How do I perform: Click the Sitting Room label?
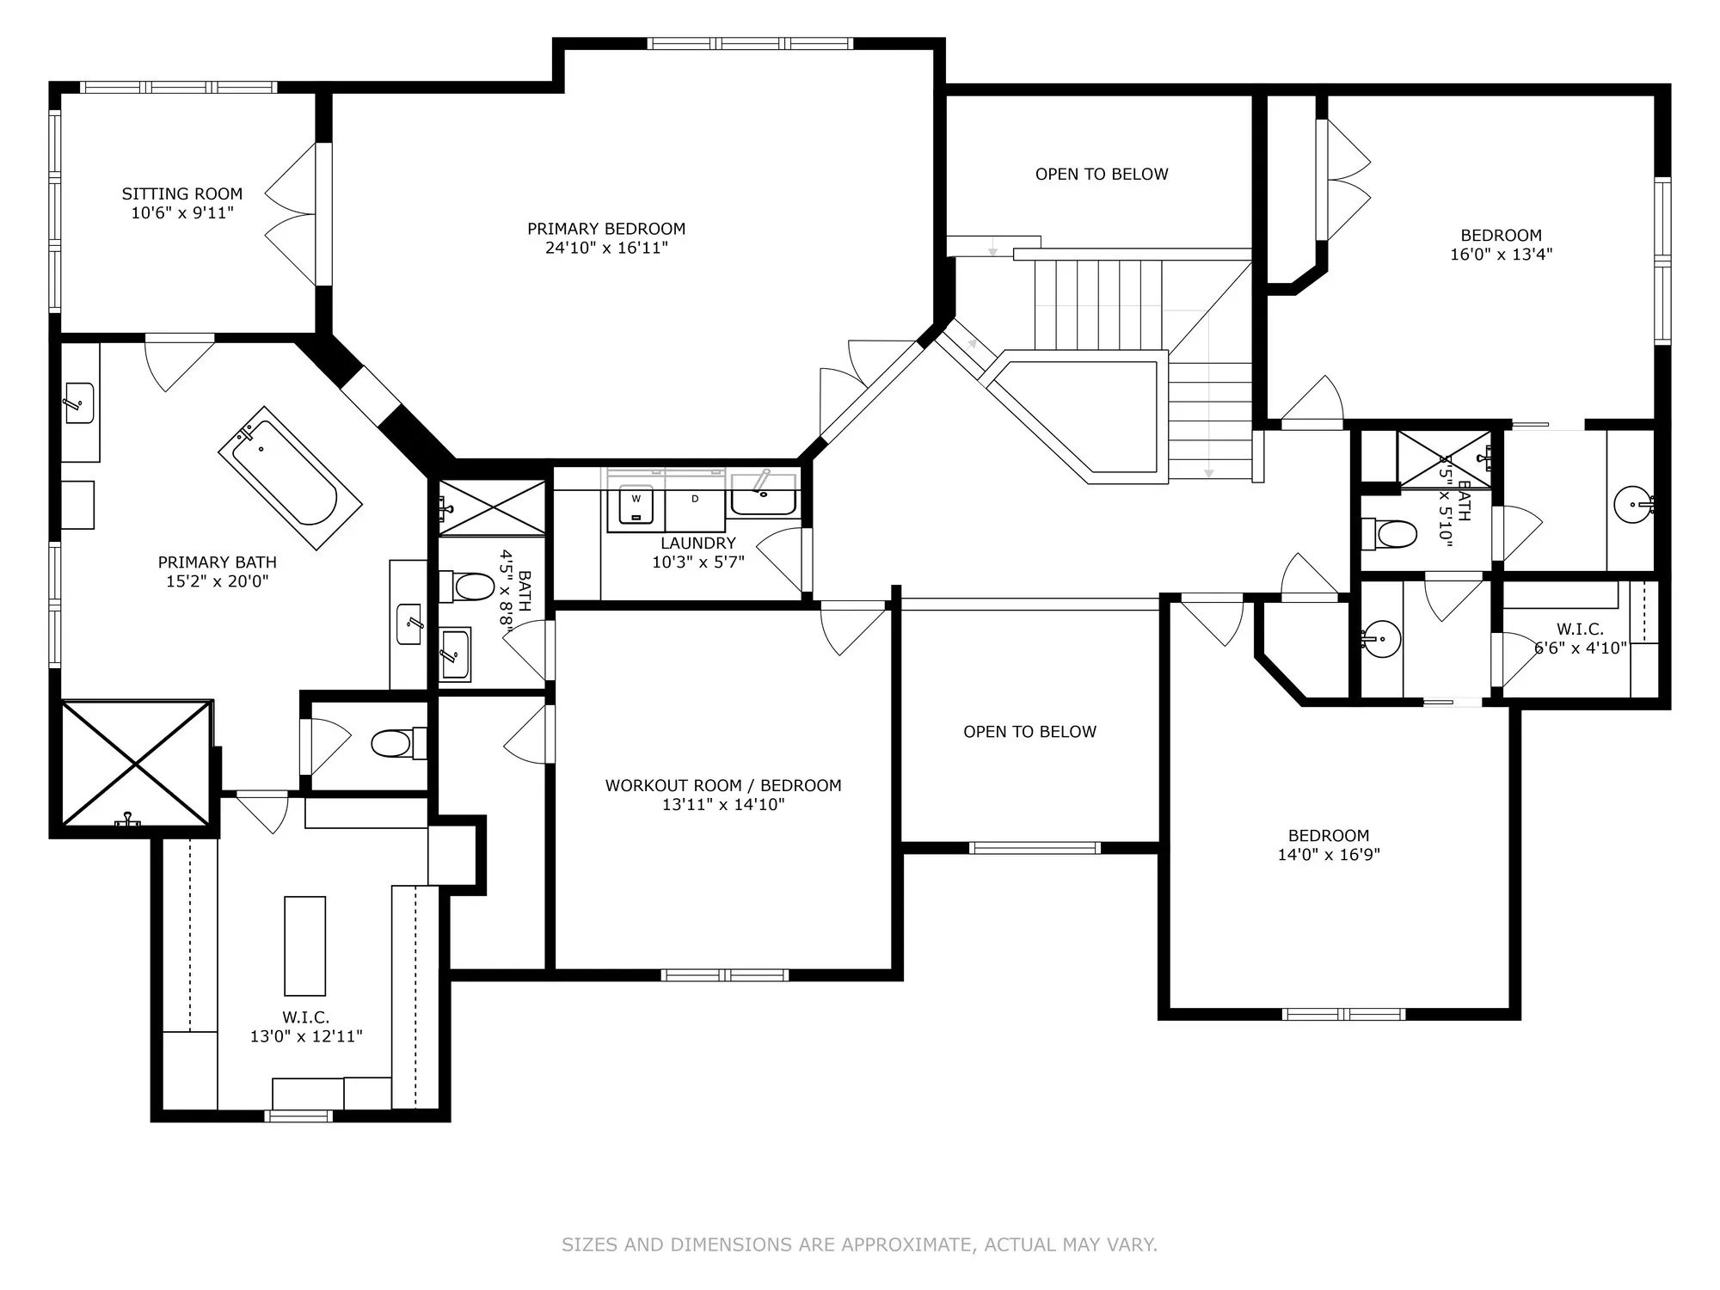click(181, 194)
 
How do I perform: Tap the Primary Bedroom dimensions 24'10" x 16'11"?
click(606, 249)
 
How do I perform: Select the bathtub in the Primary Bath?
click(289, 477)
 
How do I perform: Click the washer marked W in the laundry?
click(636, 507)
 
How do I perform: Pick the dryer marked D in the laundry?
click(695, 507)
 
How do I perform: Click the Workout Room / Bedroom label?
click(722, 785)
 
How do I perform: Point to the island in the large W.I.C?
click(304, 945)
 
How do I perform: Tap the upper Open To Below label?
click(1101, 175)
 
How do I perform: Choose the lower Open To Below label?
click(1029, 732)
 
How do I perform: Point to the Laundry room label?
click(697, 544)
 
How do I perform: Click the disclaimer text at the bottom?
click(859, 1244)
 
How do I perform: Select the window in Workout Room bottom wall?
click(724, 974)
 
